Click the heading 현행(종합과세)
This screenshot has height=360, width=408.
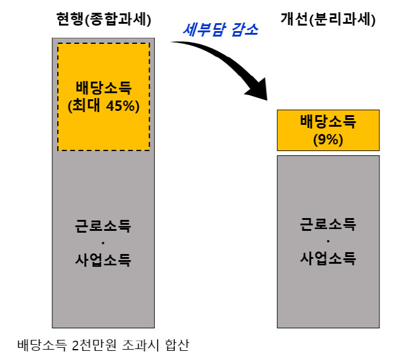[104, 19]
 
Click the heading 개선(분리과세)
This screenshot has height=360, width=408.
[328, 19]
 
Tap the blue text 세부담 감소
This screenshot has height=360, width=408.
[220, 29]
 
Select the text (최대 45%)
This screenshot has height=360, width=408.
[104, 105]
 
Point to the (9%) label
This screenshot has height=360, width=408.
[328, 139]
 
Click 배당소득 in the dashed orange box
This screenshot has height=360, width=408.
[104, 88]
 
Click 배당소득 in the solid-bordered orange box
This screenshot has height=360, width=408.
[328, 121]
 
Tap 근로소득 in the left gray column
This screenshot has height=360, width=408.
[103, 225]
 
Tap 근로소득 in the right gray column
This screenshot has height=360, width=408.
[328, 224]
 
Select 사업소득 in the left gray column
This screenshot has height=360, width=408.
[103, 259]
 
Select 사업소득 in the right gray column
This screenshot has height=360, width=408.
[328, 258]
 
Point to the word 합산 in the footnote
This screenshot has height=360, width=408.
[177, 345]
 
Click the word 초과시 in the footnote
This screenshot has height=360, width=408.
[141, 345]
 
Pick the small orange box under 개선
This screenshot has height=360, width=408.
[328, 130]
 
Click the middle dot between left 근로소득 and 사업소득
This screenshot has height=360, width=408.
[103, 243]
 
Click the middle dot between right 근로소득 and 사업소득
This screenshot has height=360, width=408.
[328, 241]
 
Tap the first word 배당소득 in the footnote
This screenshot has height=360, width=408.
[42, 345]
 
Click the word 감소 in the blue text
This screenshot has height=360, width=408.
[245, 29]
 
